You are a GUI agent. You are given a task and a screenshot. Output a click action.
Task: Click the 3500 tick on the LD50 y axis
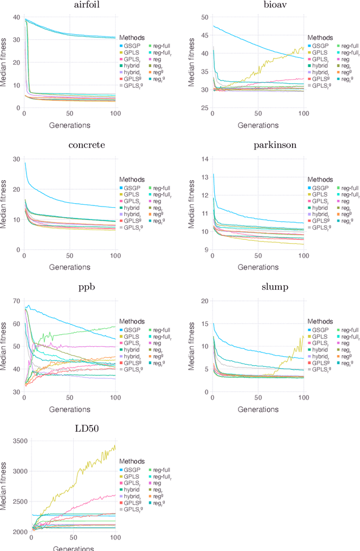point(20,441)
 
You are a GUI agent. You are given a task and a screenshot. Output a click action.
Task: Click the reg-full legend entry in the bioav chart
point(346,45)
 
